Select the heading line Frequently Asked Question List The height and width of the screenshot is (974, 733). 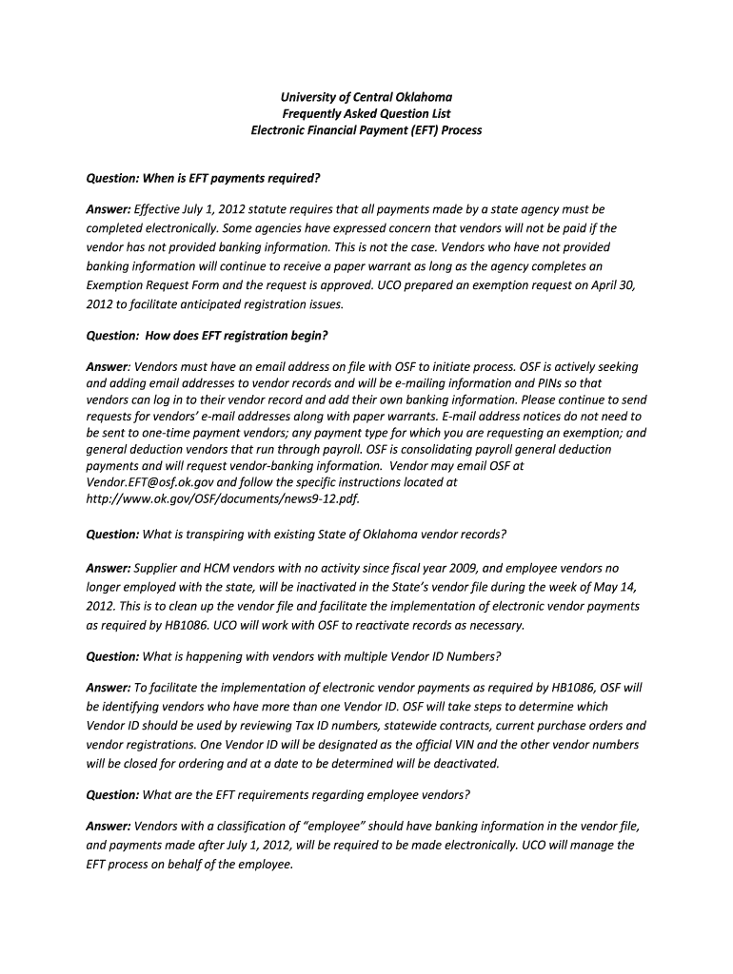[366, 113]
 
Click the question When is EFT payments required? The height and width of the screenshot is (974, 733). [203, 178]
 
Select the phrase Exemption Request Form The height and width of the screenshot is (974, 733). [154, 284]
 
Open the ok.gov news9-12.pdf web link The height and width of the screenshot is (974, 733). [223, 498]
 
